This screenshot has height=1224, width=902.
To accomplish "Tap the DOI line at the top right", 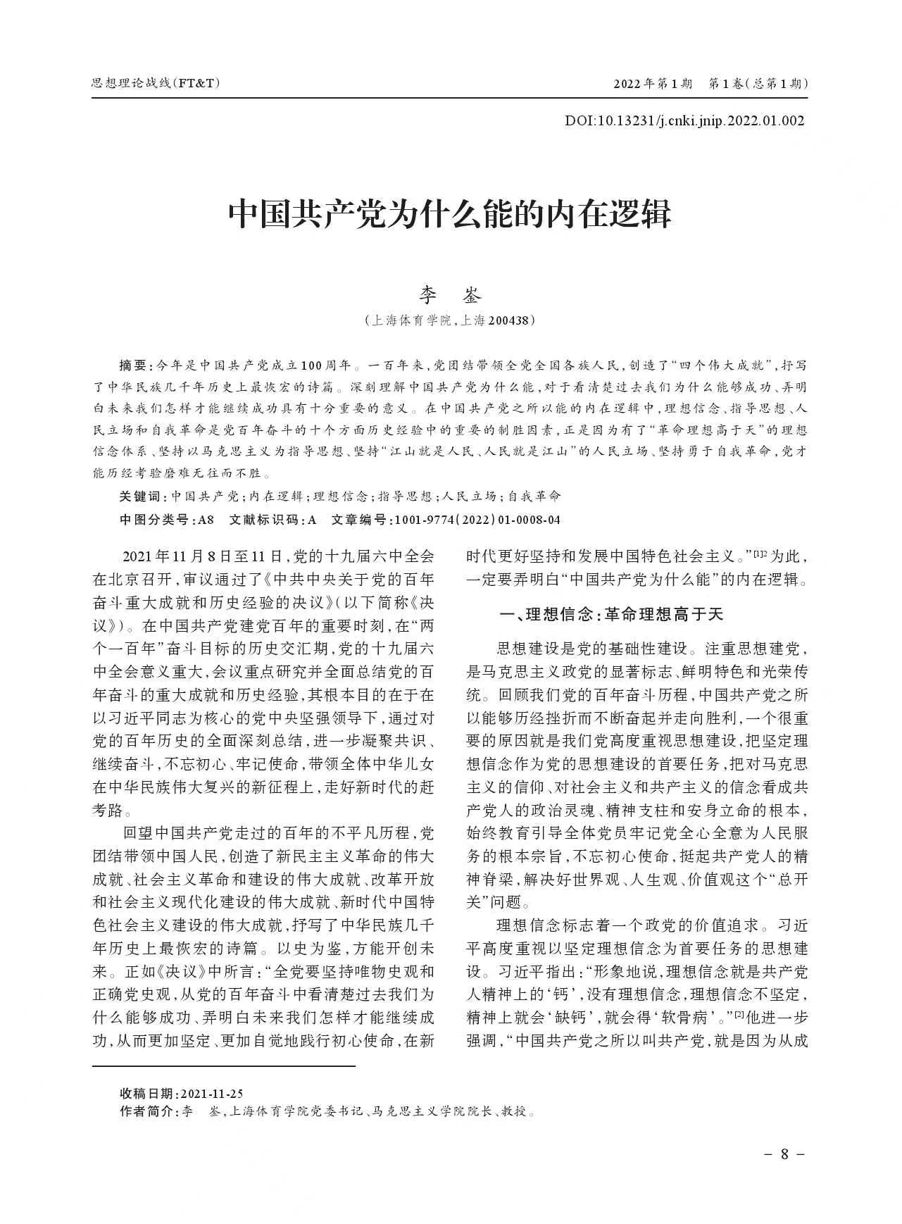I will pyautogui.click(x=684, y=120).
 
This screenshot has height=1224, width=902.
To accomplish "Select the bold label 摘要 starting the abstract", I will pyautogui.click(x=132, y=366).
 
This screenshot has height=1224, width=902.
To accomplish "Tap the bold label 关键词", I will pyautogui.click(x=139, y=497).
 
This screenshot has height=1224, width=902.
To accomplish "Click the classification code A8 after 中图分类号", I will pyautogui.click(x=205, y=520).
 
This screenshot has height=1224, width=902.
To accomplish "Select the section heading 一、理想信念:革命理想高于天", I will pyautogui.click(x=610, y=614).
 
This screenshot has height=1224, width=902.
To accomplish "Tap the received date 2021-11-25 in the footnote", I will pyautogui.click(x=212, y=1094).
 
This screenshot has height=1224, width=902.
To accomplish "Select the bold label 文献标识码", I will pyautogui.click(x=265, y=520).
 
